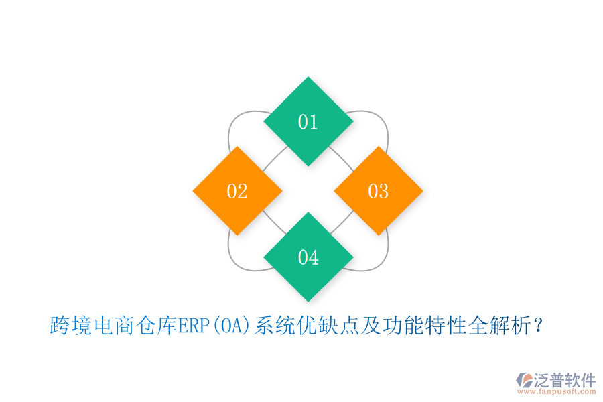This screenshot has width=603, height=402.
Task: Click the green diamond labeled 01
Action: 308,121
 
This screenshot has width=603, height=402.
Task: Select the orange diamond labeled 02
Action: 237,191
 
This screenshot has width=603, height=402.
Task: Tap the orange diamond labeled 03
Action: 379,191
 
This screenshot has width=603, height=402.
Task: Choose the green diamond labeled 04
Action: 308,257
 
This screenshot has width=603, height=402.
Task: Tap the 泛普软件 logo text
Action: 564,380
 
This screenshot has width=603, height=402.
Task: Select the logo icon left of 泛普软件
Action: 523,380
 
